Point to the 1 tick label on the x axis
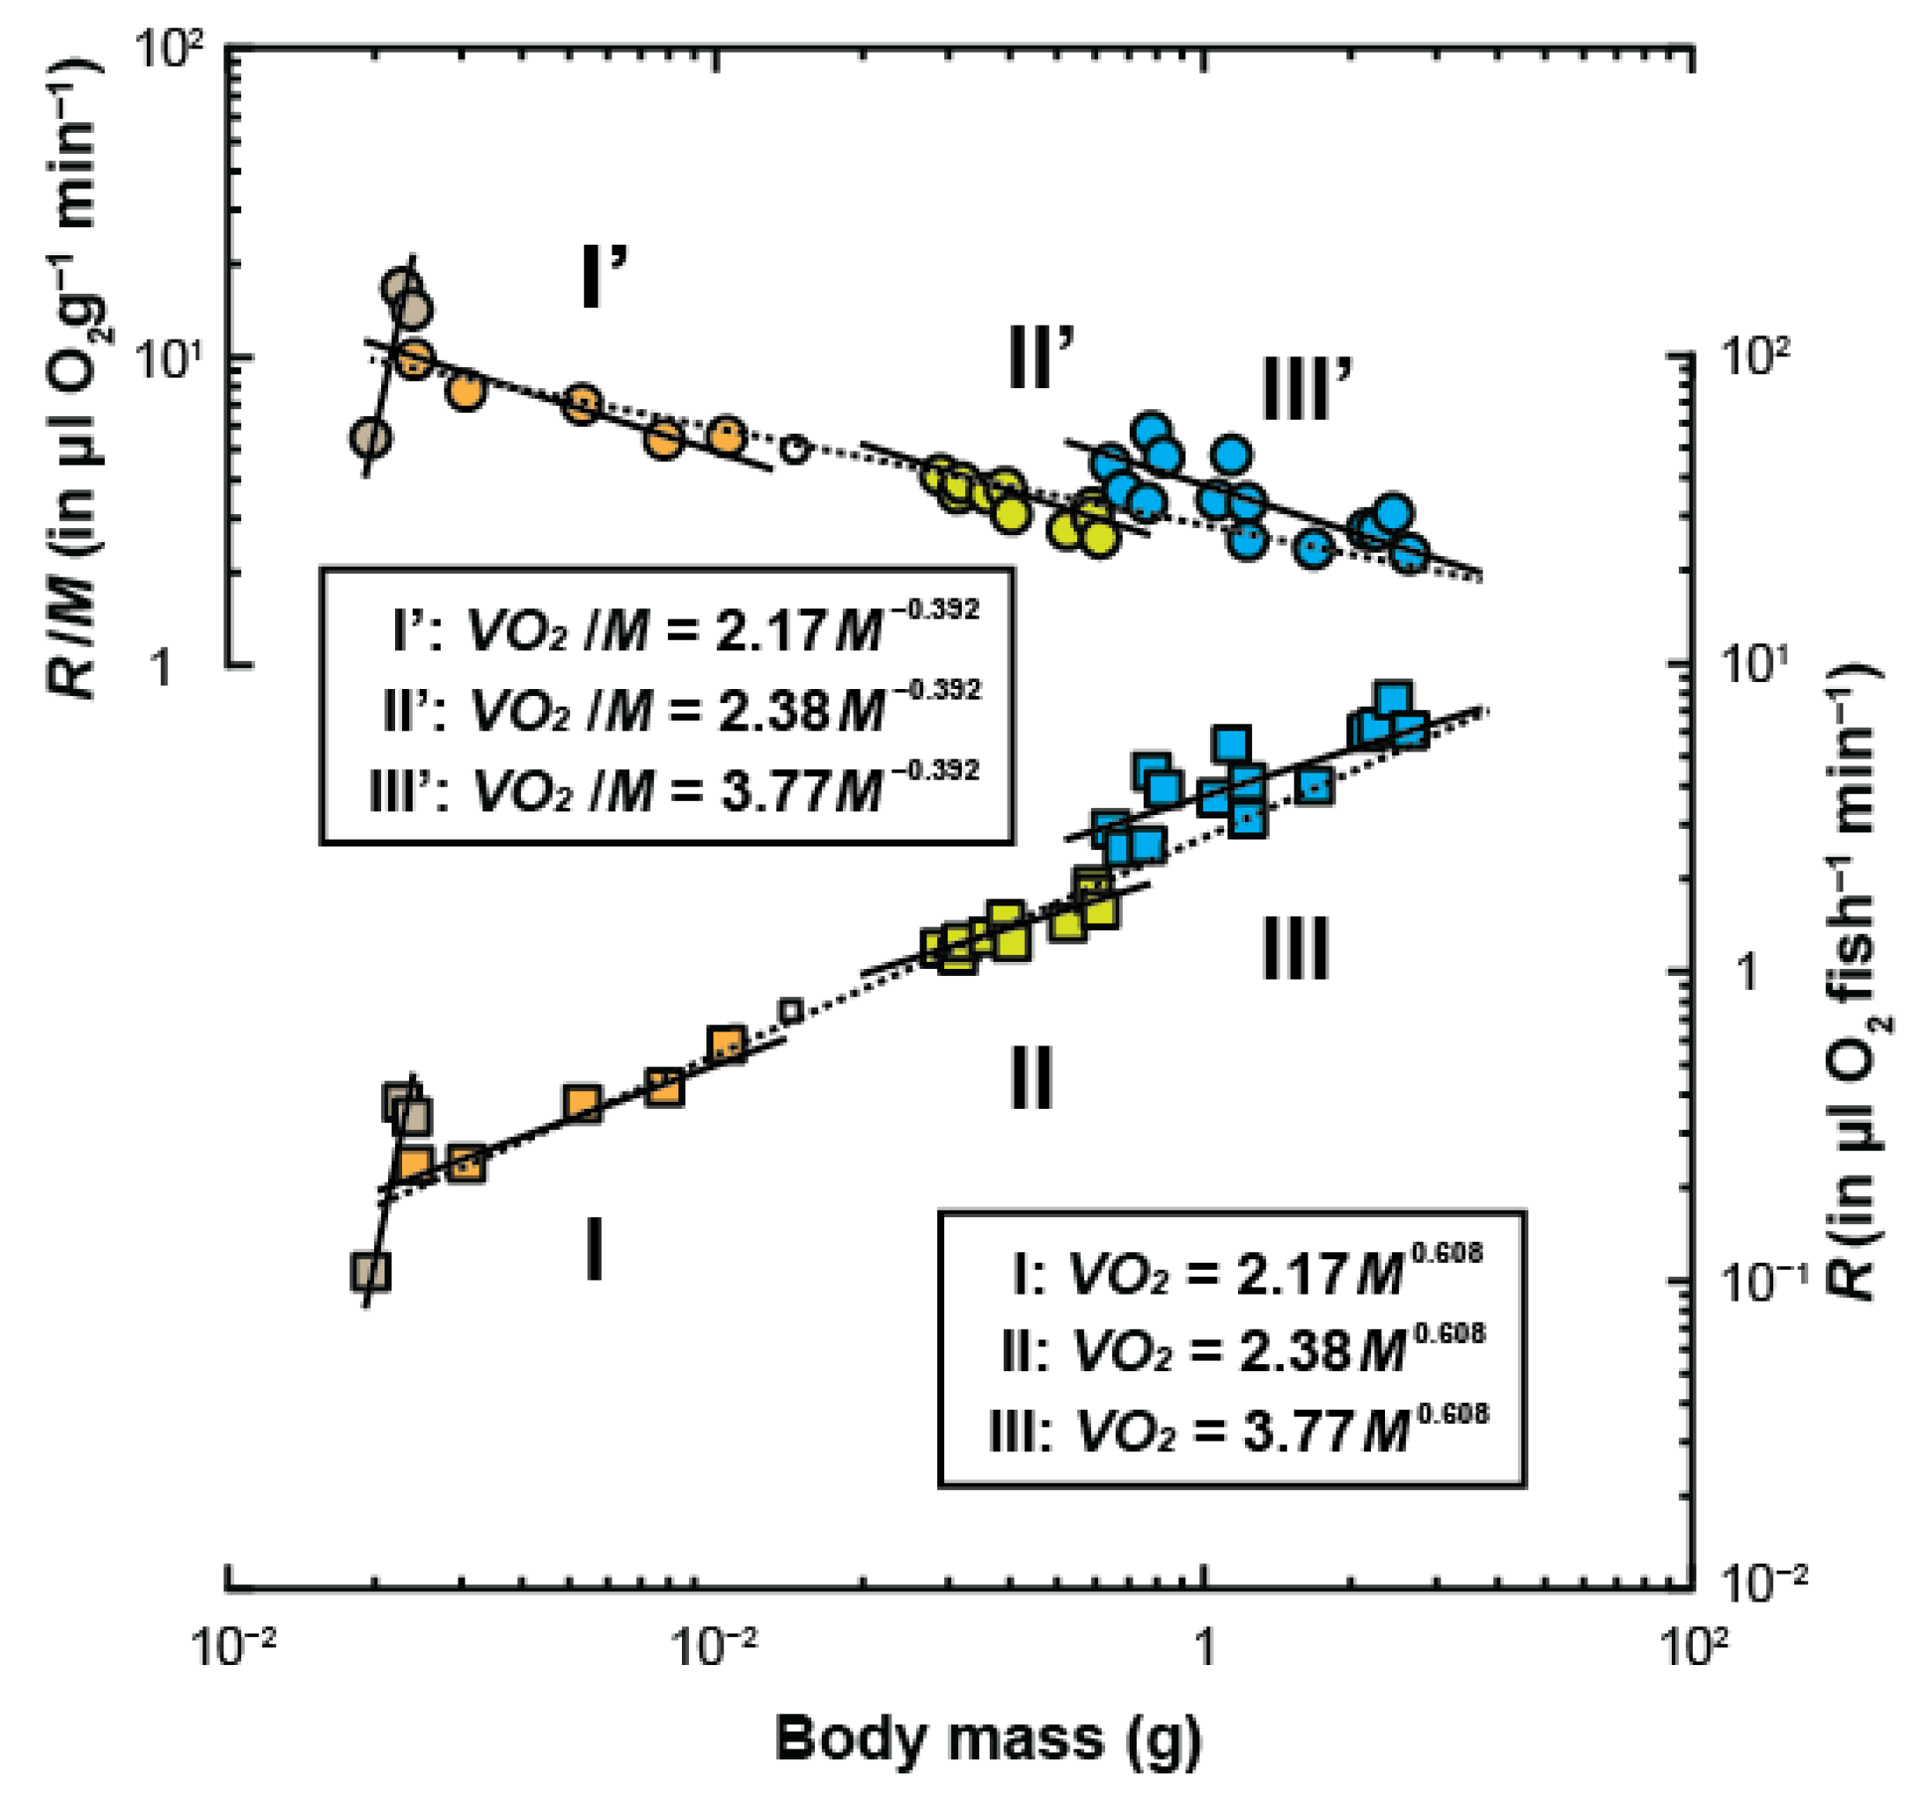coord(1204,1647)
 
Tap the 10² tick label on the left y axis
coord(169,48)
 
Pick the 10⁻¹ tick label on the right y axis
coord(1759,1280)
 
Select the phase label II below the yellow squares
coord(1030,1077)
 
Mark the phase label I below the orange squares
coord(594,1251)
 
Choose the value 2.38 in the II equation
coord(1293,1351)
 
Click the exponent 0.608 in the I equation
coord(1447,1253)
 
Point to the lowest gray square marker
coord(370,1271)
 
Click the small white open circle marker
coord(795,449)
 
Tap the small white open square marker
coord(792,1011)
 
